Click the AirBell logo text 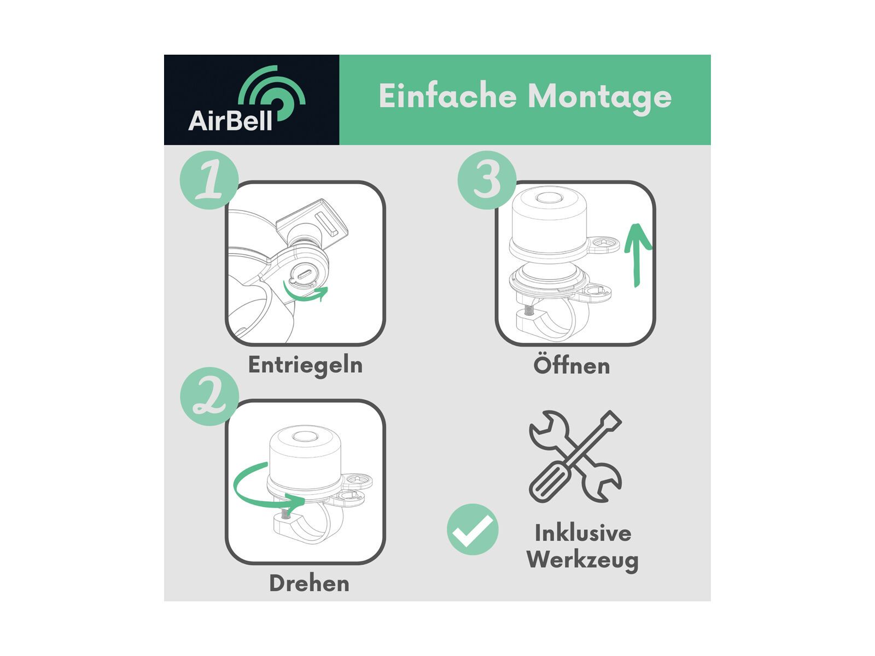[x=230, y=120]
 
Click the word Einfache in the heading [x=447, y=96]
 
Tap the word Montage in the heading [x=599, y=98]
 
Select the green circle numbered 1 [x=209, y=180]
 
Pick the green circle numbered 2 [x=209, y=396]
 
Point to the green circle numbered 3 [x=487, y=180]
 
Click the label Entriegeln [x=305, y=365]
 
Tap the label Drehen [x=310, y=583]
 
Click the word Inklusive [x=583, y=532]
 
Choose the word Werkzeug [x=582, y=560]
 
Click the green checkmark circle [x=472, y=529]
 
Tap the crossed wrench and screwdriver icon [x=575, y=456]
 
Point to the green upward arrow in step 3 [x=636, y=255]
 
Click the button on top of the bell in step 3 [x=549, y=198]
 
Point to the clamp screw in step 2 [x=285, y=513]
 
